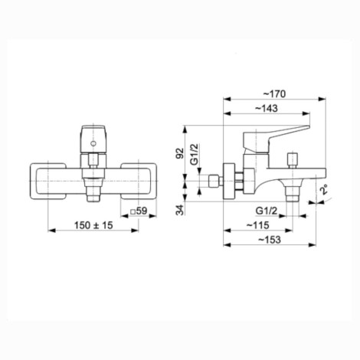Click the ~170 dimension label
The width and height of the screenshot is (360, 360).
pyautogui.click(x=274, y=94)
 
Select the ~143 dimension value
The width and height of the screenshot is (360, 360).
pyautogui.click(x=267, y=108)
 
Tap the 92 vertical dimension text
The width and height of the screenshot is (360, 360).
pyautogui.click(x=180, y=153)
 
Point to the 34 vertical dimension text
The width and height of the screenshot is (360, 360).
pyautogui.click(x=180, y=210)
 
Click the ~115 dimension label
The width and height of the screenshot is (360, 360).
pyautogui.click(x=258, y=225)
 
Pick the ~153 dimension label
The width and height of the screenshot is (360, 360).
pyautogui.click(x=269, y=240)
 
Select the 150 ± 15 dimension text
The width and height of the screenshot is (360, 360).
pyautogui.click(x=93, y=225)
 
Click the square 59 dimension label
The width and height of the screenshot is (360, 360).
pyautogui.click(x=139, y=211)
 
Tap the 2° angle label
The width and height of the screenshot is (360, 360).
pyautogui.click(x=325, y=191)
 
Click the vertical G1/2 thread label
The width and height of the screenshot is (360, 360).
pyautogui.click(x=195, y=154)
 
